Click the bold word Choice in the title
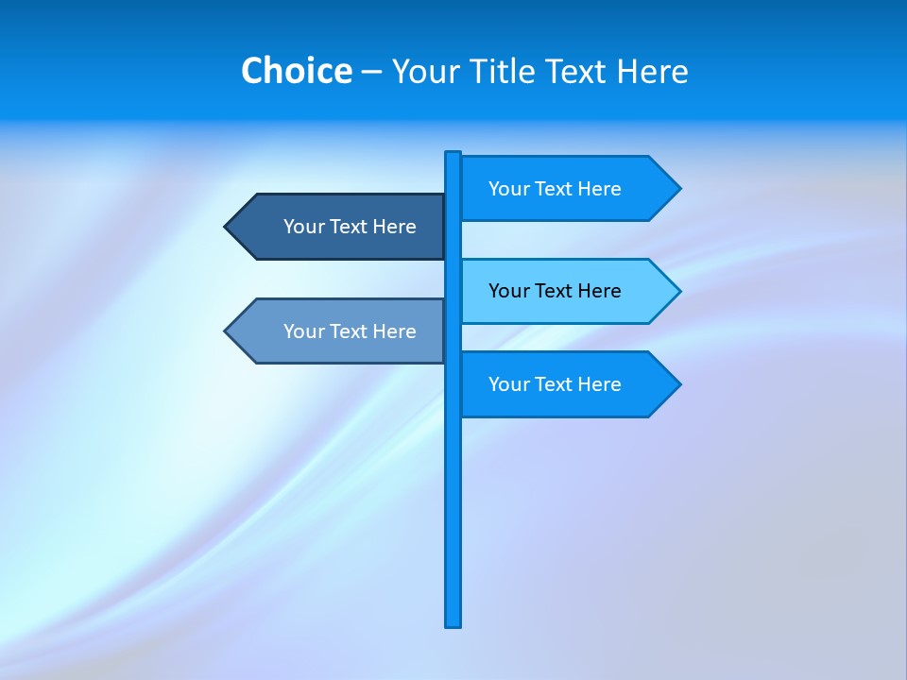(x=296, y=71)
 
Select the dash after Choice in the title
(x=371, y=73)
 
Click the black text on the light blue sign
(x=555, y=291)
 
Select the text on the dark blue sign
(x=350, y=227)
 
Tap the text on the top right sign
(x=555, y=189)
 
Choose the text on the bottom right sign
(x=555, y=384)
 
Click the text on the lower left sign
(x=350, y=331)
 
